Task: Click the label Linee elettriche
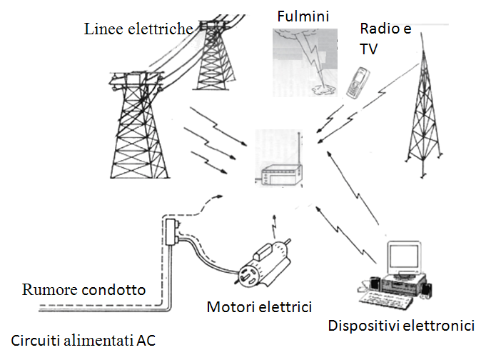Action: pos(138,29)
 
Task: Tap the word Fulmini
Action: pos(303,14)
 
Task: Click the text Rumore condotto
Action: pos(84,290)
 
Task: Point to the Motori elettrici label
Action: pos(259,307)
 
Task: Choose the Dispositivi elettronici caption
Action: pos(400,326)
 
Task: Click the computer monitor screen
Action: pos(406,256)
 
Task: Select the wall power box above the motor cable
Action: pos(171,232)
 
